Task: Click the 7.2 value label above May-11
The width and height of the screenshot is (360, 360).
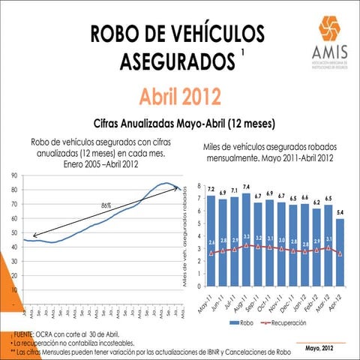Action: pos(211,189)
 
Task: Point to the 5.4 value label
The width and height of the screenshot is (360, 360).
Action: pos(341,212)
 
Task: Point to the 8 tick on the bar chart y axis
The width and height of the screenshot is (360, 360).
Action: pos(199,185)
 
